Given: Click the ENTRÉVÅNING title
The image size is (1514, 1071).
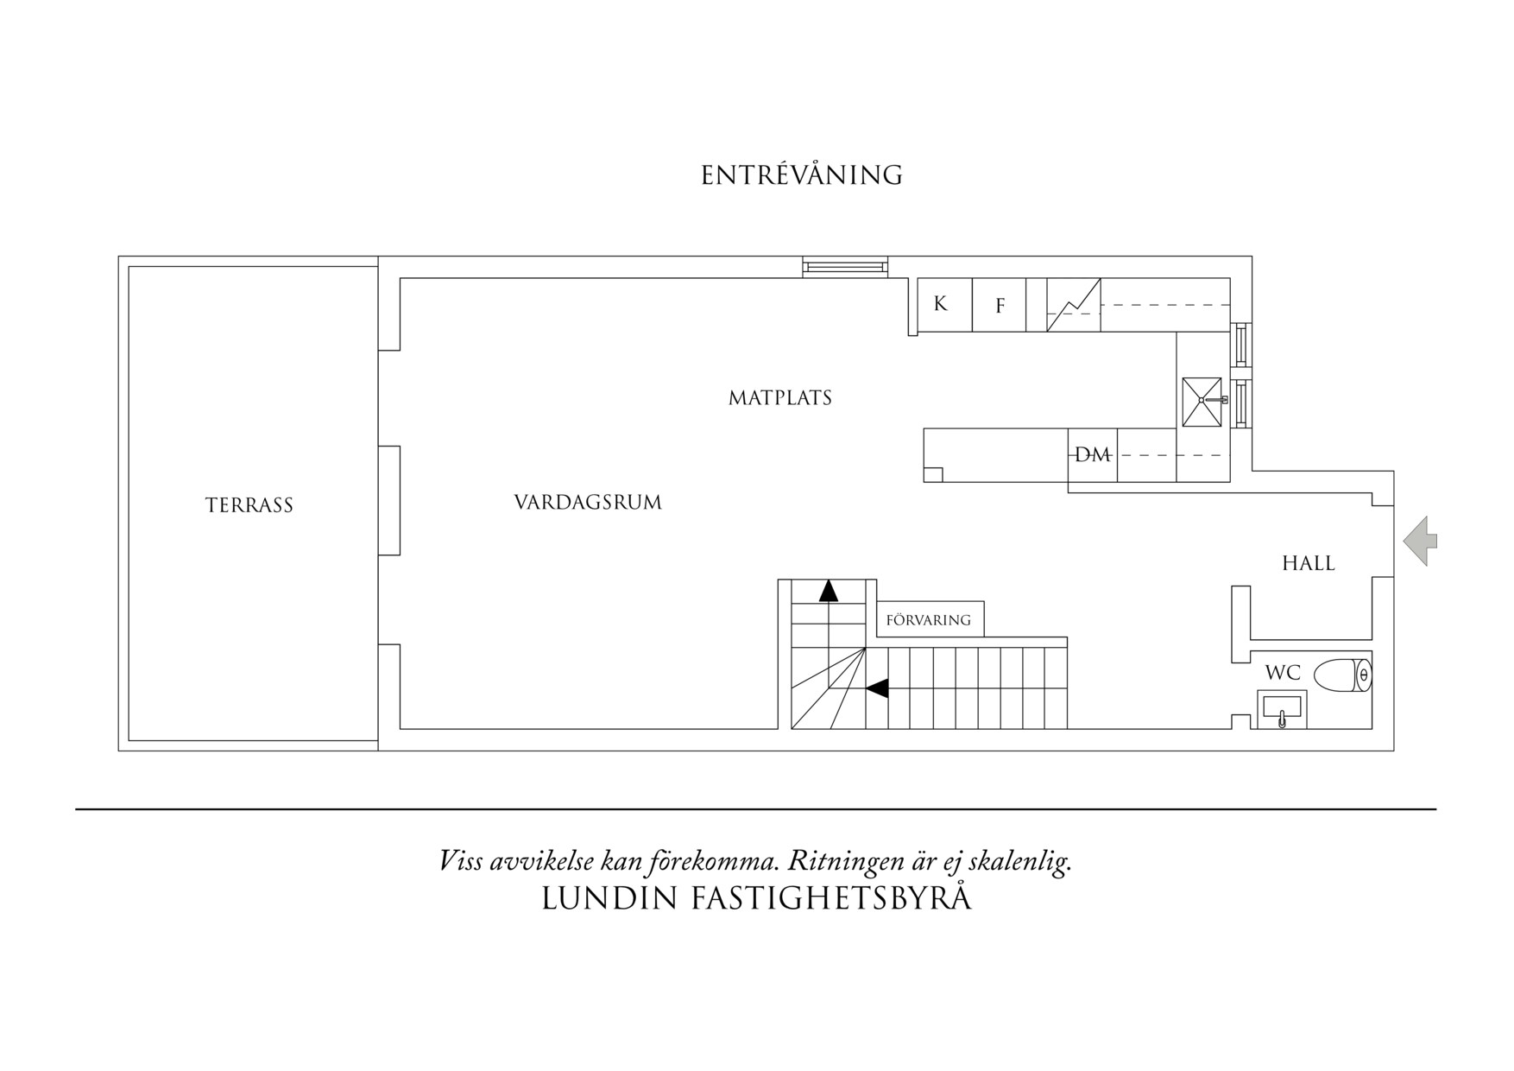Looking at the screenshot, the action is (802, 175).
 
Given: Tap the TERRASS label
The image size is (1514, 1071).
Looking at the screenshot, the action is (249, 505).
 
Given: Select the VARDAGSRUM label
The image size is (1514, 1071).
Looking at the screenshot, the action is (588, 502).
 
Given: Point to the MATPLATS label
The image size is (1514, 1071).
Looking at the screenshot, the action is (780, 398).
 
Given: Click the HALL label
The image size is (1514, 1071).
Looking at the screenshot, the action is (1309, 563).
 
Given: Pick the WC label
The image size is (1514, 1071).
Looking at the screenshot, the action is (1283, 672).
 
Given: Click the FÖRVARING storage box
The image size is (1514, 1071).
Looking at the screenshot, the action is (930, 619).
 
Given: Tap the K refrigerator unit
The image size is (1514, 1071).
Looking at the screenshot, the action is (944, 304).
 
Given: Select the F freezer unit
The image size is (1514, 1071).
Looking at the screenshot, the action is (1000, 304).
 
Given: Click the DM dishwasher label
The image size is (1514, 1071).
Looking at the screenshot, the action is (1092, 454).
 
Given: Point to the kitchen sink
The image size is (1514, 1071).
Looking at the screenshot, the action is (1203, 401).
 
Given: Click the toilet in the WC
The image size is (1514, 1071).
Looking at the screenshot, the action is (1342, 675).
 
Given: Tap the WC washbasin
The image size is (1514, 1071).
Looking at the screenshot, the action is (1282, 709).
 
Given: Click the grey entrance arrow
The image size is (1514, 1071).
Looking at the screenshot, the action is (1421, 542).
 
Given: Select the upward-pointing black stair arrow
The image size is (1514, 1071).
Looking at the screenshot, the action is (829, 591).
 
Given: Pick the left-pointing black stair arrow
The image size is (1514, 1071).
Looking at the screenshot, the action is (877, 688).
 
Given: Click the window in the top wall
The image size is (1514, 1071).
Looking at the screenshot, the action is (845, 267).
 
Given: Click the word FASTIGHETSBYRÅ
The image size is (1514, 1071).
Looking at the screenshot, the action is (831, 899).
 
